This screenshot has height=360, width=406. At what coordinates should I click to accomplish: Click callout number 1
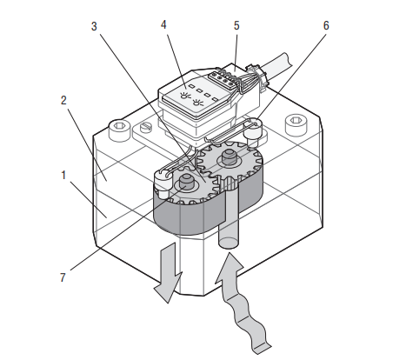(63, 176)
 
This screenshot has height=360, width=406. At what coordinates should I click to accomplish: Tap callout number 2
(63, 100)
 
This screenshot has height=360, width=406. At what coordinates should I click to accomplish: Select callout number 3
(94, 26)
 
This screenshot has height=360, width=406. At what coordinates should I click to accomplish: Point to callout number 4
(163, 25)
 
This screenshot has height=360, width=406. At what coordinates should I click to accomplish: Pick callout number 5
(236, 26)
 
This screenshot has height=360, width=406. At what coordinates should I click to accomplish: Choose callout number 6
(326, 26)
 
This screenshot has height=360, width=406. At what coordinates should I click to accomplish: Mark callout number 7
(63, 277)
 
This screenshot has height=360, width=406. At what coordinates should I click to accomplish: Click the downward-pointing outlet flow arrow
(168, 273)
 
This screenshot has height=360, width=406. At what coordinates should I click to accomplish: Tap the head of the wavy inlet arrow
(230, 268)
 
